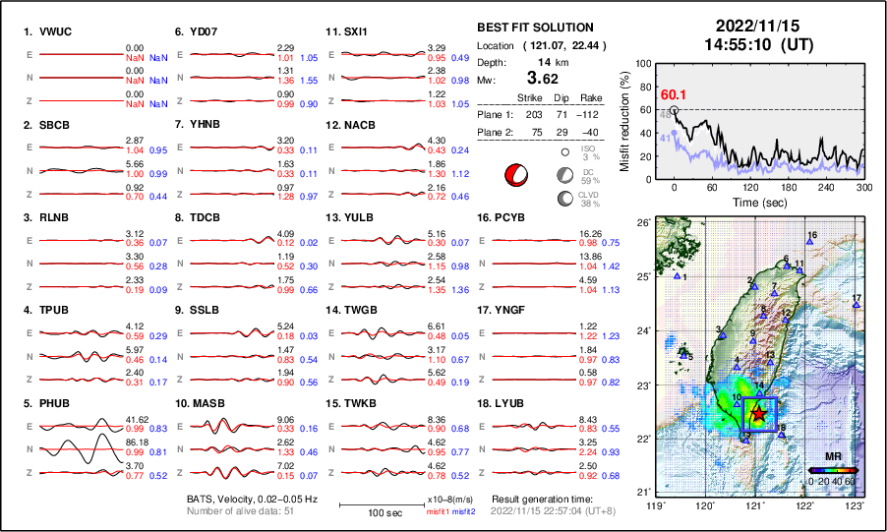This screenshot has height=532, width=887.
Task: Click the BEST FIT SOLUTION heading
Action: (534, 28)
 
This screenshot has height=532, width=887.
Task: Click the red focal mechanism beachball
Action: (515, 175)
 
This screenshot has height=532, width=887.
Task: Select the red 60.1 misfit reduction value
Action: (674, 94)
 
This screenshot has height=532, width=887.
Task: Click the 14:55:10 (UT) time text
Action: (750, 44)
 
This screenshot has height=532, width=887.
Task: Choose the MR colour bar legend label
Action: (832, 457)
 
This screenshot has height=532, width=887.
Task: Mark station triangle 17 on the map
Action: (857, 306)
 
